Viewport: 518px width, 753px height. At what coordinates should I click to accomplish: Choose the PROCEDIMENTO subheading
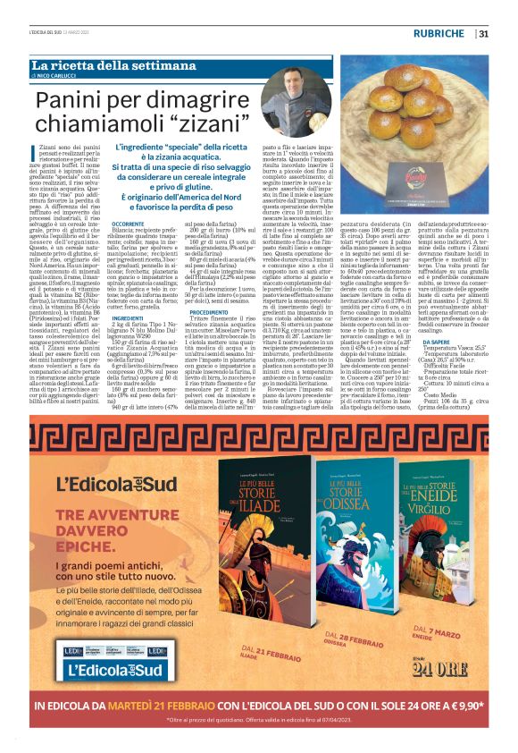point(207,310)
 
